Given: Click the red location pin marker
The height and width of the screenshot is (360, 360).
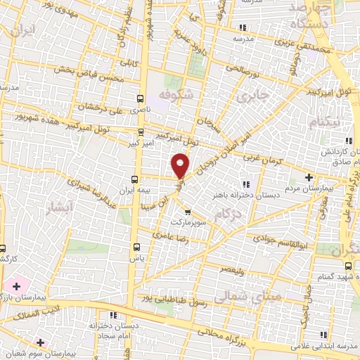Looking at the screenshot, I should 181,165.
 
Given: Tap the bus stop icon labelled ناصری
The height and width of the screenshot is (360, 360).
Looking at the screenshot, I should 140,99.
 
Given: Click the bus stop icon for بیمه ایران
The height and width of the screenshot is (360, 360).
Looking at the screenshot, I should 135,179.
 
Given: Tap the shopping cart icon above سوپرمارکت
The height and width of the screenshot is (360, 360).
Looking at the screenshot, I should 187,211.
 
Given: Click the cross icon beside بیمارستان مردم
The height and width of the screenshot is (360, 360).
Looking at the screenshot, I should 309,176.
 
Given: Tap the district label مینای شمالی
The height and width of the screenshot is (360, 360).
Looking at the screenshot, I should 250,297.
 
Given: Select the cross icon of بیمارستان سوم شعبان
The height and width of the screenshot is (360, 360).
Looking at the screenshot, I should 41,342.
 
